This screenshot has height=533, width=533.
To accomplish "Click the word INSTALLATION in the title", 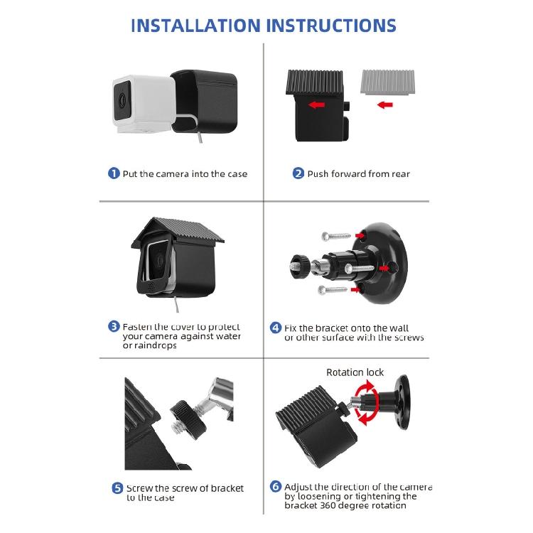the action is pos(196,26).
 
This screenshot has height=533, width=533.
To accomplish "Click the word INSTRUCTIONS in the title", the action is pos(331,26).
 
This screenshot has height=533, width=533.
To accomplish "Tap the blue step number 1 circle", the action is pos(114,173).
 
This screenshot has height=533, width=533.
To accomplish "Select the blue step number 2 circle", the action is pos(298,173).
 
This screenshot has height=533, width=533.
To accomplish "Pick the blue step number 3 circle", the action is pos(114,326).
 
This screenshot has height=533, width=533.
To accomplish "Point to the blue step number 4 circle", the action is pos(276,328).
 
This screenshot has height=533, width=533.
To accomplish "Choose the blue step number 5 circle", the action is pos(117,488).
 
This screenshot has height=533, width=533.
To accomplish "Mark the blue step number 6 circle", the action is pos(276,486).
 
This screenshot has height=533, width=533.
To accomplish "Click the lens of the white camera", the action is pos(122,100).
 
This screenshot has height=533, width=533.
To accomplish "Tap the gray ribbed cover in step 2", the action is pos(387,82).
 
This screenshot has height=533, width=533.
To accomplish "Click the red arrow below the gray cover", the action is pos(385,104).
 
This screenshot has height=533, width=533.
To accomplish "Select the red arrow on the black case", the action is pos(316,105).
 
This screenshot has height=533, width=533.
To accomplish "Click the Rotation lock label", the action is pos(355,372).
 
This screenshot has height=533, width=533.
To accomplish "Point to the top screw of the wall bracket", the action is pos(336,235).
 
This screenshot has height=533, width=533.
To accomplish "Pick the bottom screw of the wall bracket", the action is pos(333,290).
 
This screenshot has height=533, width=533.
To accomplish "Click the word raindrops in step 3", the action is pos(156,345).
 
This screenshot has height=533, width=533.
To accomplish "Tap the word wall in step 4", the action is pos(399,328).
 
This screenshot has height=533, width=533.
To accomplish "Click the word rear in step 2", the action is pos(401,174).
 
